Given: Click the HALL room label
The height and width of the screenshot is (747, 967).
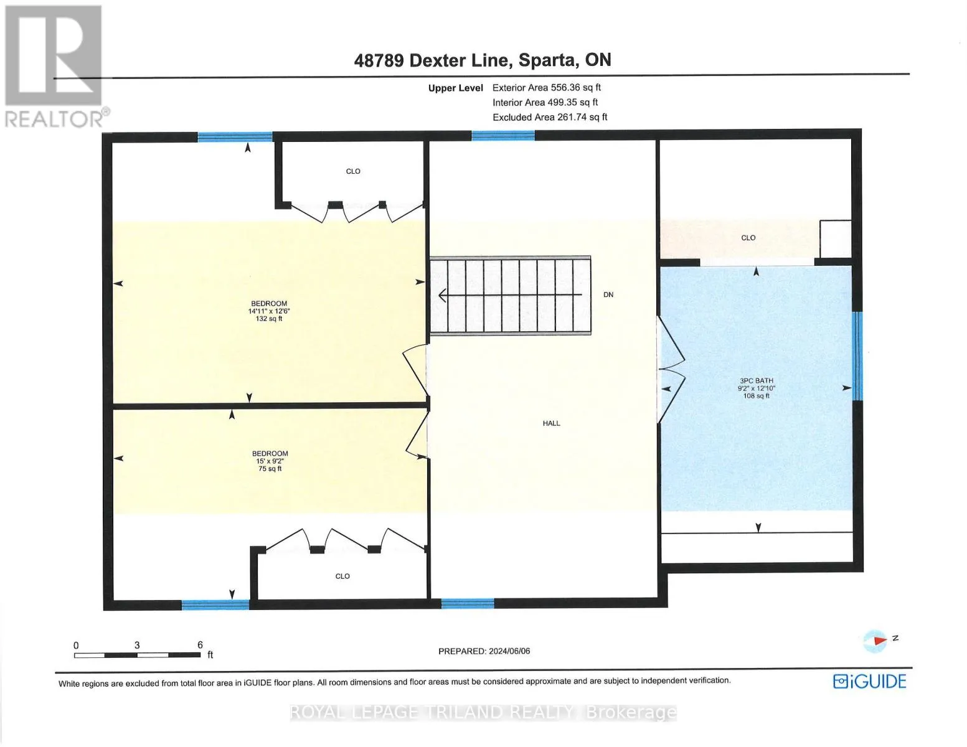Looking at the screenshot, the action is click(x=551, y=423).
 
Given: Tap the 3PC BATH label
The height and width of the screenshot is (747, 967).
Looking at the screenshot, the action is click(x=756, y=388).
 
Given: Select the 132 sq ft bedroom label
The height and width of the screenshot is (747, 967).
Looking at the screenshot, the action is click(x=269, y=311).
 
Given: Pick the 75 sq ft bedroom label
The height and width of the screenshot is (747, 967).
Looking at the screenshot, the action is click(x=270, y=461).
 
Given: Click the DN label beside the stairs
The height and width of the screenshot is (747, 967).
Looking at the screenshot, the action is click(x=608, y=294).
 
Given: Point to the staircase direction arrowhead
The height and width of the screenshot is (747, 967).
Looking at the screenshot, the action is click(x=443, y=295).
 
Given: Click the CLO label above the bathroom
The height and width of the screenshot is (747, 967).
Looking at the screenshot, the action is click(x=748, y=238).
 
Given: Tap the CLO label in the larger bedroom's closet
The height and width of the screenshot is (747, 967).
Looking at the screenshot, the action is click(x=353, y=171).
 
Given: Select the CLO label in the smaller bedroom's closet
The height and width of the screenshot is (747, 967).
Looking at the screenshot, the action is click(x=342, y=576).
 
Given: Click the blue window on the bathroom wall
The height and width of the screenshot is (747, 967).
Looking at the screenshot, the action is click(x=857, y=356).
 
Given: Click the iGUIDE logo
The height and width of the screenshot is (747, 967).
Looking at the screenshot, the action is click(x=869, y=682).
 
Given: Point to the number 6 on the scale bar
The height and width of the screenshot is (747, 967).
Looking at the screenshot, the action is click(x=200, y=645).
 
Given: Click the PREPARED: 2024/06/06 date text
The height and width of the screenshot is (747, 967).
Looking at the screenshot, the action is click(x=484, y=651).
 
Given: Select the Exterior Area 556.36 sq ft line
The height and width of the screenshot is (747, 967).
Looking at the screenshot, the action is click(x=547, y=88).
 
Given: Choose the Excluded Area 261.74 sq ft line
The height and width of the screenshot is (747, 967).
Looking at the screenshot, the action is click(x=550, y=117).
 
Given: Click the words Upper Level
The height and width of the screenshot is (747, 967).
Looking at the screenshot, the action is click(x=455, y=88).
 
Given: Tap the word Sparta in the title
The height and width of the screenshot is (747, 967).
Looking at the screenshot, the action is click(x=547, y=60).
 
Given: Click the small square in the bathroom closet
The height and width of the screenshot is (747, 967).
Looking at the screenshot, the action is click(x=835, y=239).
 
